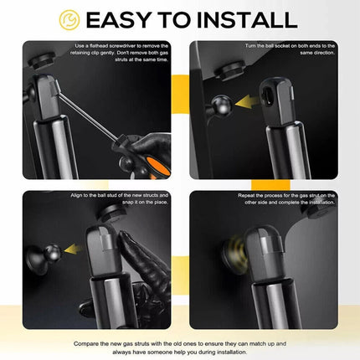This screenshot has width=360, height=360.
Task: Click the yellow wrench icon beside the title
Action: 69,20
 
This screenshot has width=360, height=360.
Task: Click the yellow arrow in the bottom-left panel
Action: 74,249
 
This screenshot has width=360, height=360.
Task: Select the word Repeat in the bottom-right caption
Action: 246,196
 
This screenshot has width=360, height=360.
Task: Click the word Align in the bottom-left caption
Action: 77,195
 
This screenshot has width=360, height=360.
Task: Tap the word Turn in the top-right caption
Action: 250,46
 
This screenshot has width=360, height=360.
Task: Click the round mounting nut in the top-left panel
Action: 40,61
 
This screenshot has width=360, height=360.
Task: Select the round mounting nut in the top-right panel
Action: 229,72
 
